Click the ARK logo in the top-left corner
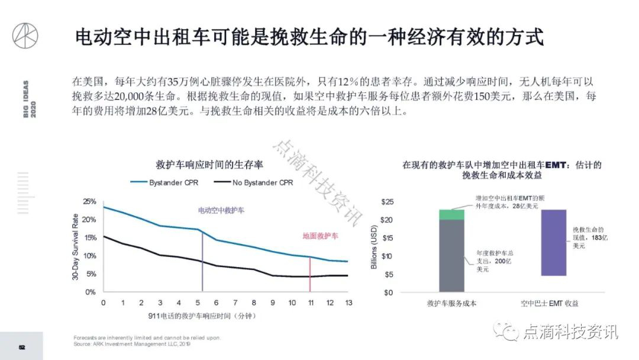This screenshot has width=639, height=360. click(x=25, y=35)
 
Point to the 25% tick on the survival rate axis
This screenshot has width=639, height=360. click(x=89, y=202)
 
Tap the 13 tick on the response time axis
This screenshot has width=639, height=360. click(x=348, y=303)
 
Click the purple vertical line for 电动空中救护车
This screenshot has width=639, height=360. click(x=202, y=261)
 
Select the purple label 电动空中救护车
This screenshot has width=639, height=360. click(x=221, y=210)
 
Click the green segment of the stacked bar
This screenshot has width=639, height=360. click(x=451, y=214)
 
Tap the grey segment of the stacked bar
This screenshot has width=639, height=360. click(x=451, y=255)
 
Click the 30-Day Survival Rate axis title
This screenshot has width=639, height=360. click(x=75, y=247)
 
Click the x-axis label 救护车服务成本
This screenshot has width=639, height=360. click(x=451, y=304)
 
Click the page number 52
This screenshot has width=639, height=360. click(x=21, y=347)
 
